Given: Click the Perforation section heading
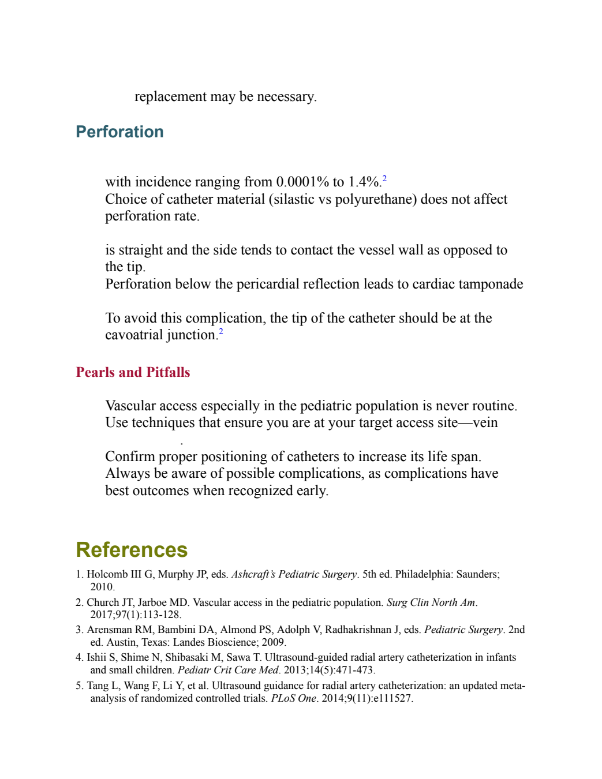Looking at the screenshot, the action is tap(119, 132).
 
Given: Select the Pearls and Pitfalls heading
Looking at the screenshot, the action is tap(133, 372).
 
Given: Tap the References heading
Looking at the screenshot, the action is tap(132, 550).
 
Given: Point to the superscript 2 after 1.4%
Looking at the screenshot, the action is tap(384, 178).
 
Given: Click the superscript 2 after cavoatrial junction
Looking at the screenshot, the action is tap(221, 331).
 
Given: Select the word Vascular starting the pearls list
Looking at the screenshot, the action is tap(130, 406).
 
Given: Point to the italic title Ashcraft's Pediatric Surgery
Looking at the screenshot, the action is tap(294, 574).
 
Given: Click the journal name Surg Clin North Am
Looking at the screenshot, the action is tap(431, 602).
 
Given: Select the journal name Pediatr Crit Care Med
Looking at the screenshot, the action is tap(227, 670).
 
